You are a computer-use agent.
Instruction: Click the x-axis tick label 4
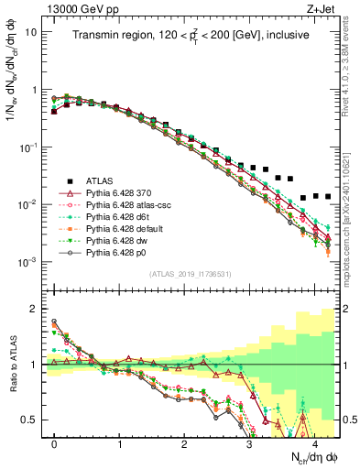coord(314,442)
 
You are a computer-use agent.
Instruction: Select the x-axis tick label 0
coord(55,442)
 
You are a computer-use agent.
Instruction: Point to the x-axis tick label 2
coord(185,442)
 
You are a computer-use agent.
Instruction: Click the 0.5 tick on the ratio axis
coord(29,420)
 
